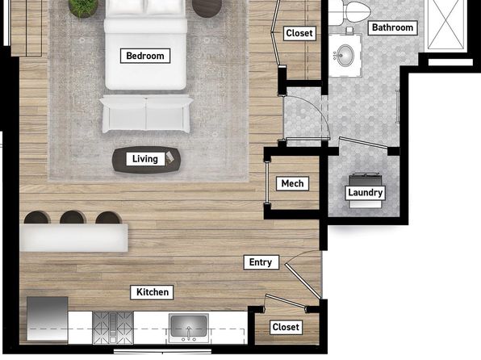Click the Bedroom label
pyautogui.click(x=145, y=56)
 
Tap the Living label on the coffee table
pyautogui.click(x=145, y=159)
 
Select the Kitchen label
pyautogui.click(x=153, y=292)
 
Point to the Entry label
pyautogui.click(x=261, y=262)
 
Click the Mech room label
pyautogui.click(x=292, y=183)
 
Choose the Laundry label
pyautogui.click(x=365, y=193)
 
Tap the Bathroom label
pyautogui.click(x=392, y=27)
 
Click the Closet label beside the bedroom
pyautogui.click(x=299, y=33)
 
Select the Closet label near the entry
pyautogui.click(x=286, y=327)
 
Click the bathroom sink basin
pyautogui.click(x=345, y=55)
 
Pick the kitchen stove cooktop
pyautogui.click(x=113, y=328)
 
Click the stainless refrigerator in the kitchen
pyautogui.click(x=48, y=319)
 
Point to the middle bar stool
pyautogui.click(x=73, y=217)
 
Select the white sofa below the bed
pyautogui.click(x=146, y=114)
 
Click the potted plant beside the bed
pyautogui.click(x=83, y=8)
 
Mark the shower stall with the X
pyautogui.click(x=445, y=24)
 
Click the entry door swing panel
pyautogui.click(x=303, y=281)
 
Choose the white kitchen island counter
pyautogui.click(x=73, y=238)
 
